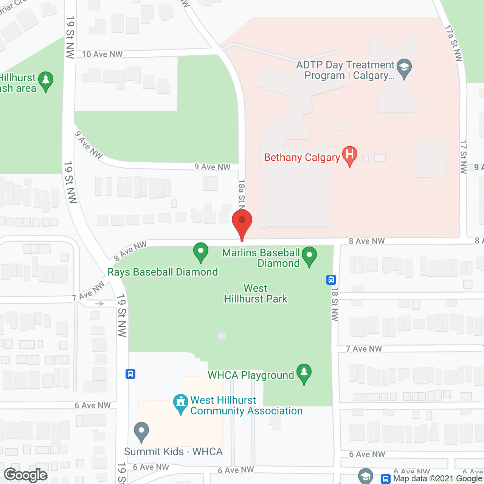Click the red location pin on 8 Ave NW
(x=242, y=223)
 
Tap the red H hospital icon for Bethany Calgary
(x=350, y=155)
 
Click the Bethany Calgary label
(x=302, y=157)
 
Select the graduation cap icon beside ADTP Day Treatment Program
(x=404, y=68)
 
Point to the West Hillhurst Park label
(x=256, y=293)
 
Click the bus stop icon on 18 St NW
(x=331, y=280)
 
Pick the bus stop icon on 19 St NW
(x=130, y=374)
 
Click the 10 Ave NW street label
(x=102, y=54)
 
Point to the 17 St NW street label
(x=464, y=157)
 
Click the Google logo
(x=26, y=475)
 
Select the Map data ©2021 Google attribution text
(x=437, y=479)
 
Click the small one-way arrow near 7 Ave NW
(x=99, y=303)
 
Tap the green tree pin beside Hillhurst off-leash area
(x=46, y=81)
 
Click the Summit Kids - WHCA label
(x=173, y=451)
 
